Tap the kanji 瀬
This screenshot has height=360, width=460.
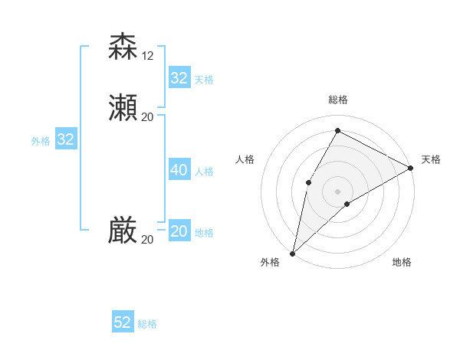(x=123, y=107)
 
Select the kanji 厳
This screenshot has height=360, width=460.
(x=123, y=230)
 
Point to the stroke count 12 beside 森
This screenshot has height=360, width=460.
(x=148, y=55)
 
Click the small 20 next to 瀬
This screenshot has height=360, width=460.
(x=148, y=116)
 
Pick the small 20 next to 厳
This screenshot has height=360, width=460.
(x=148, y=239)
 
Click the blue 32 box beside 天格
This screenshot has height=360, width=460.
(x=179, y=78)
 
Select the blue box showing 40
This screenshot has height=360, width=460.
(x=179, y=170)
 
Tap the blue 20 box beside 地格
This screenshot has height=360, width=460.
(x=179, y=231)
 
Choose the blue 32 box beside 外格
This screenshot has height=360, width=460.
(x=66, y=139)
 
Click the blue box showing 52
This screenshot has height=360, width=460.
(x=123, y=322)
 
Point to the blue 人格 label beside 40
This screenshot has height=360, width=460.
(x=204, y=172)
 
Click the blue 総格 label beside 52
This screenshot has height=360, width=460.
(x=147, y=324)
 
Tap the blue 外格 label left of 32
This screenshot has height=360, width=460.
(x=41, y=141)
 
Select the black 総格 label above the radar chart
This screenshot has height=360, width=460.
(x=337, y=100)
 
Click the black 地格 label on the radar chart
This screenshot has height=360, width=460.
(x=402, y=262)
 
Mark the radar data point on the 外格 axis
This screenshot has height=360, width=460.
(x=292, y=253)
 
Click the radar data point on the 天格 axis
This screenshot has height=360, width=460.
(x=411, y=167)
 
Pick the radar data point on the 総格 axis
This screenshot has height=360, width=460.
(x=337, y=130)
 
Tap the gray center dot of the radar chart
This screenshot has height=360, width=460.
(x=337, y=191)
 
